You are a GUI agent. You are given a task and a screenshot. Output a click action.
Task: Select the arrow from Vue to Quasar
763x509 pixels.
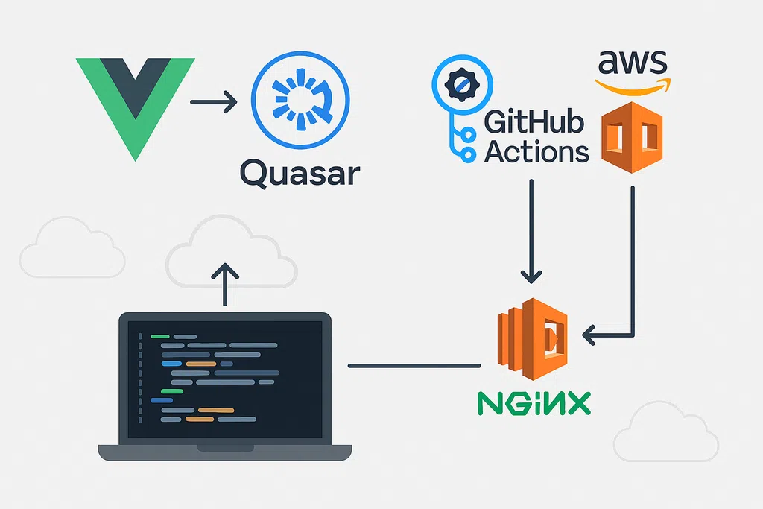pos(213,101)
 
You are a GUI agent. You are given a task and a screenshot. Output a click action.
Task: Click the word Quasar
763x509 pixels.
pos(300,174)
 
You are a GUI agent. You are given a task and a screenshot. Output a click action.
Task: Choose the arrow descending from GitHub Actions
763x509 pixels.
pos(531,231)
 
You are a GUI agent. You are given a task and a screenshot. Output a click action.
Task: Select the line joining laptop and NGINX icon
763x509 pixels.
pos(414,365)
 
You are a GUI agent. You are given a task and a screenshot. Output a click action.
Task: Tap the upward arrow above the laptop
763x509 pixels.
pos(225,283)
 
